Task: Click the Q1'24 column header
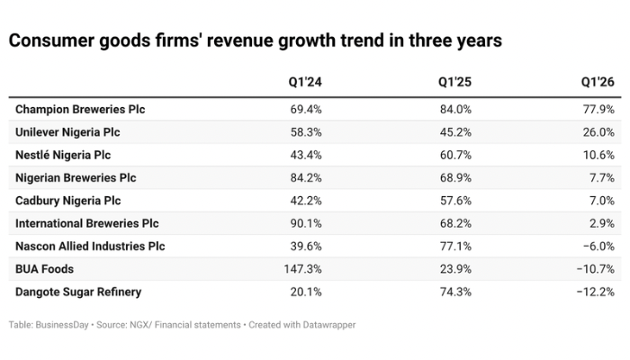click(305, 82)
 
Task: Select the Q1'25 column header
click(454, 82)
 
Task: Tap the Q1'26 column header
click(598, 82)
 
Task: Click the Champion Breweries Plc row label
click(80, 109)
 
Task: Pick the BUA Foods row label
click(45, 269)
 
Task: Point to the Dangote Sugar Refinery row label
click(78, 292)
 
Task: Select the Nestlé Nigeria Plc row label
click(63, 155)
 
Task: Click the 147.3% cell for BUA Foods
click(302, 269)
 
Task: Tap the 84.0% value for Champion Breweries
click(455, 109)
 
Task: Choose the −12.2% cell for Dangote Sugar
click(596, 292)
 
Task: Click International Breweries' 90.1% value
click(306, 223)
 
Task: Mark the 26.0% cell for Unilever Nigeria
click(598, 132)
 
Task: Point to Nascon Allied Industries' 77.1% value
click(455, 246)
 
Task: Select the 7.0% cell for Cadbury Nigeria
click(602, 201)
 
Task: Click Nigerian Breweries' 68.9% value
click(455, 177)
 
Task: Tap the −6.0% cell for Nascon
click(598, 246)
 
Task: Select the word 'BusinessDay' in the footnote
click(62, 325)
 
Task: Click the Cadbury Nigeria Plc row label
click(67, 201)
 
